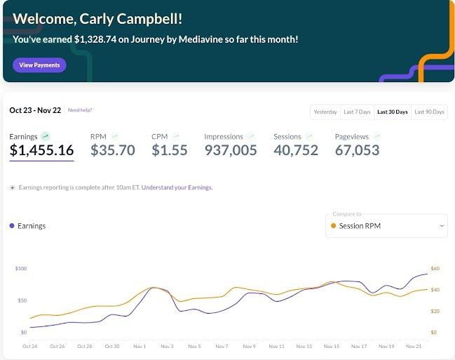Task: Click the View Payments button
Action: pyautogui.click(x=39, y=65)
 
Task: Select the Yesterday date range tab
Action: pyautogui.click(x=325, y=112)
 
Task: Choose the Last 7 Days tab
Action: pyautogui.click(x=356, y=112)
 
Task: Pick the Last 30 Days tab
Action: pyautogui.click(x=392, y=112)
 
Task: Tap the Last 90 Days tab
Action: pyautogui.click(x=429, y=112)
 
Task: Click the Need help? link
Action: pyautogui.click(x=80, y=110)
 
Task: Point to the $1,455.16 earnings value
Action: pyautogui.click(x=41, y=150)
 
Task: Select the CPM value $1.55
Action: pyautogui.click(x=170, y=150)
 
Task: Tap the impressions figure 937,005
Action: pyautogui.click(x=231, y=150)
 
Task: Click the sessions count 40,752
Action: pyautogui.click(x=296, y=150)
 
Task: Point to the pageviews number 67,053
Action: pyautogui.click(x=357, y=150)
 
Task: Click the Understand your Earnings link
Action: pyautogui.click(x=177, y=187)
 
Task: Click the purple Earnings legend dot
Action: pyautogui.click(x=12, y=226)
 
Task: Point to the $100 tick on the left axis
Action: pyautogui.click(x=21, y=269)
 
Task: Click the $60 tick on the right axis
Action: pyautogui.click(x=435, y=269)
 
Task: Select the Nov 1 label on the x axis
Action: pyautogui.click(x=140, y=347)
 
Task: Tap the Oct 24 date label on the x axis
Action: pyautogui.click(x=29, y=347)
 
